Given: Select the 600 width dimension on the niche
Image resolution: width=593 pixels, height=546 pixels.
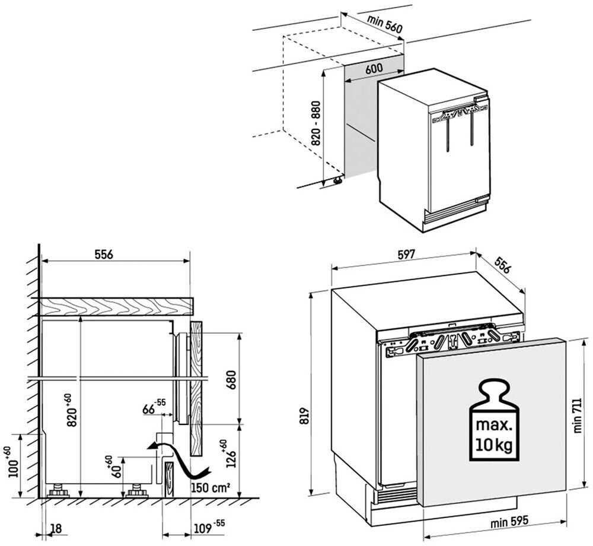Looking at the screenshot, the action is click(374, 68).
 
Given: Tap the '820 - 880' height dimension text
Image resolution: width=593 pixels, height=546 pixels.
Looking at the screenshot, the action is click(316, 123).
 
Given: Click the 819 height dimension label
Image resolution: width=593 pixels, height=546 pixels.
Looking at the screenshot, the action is click(307, 415).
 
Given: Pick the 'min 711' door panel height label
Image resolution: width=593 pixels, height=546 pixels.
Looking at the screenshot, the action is click(578, 415).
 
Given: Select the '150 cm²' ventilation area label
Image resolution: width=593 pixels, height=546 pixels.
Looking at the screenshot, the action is click(211, 487).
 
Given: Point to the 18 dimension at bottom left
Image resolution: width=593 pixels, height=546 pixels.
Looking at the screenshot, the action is click(56, 528).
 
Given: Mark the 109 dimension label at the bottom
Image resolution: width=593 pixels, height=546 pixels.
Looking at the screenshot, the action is click(209, 527).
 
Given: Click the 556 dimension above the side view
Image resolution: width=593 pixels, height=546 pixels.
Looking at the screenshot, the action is click(104, 254).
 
